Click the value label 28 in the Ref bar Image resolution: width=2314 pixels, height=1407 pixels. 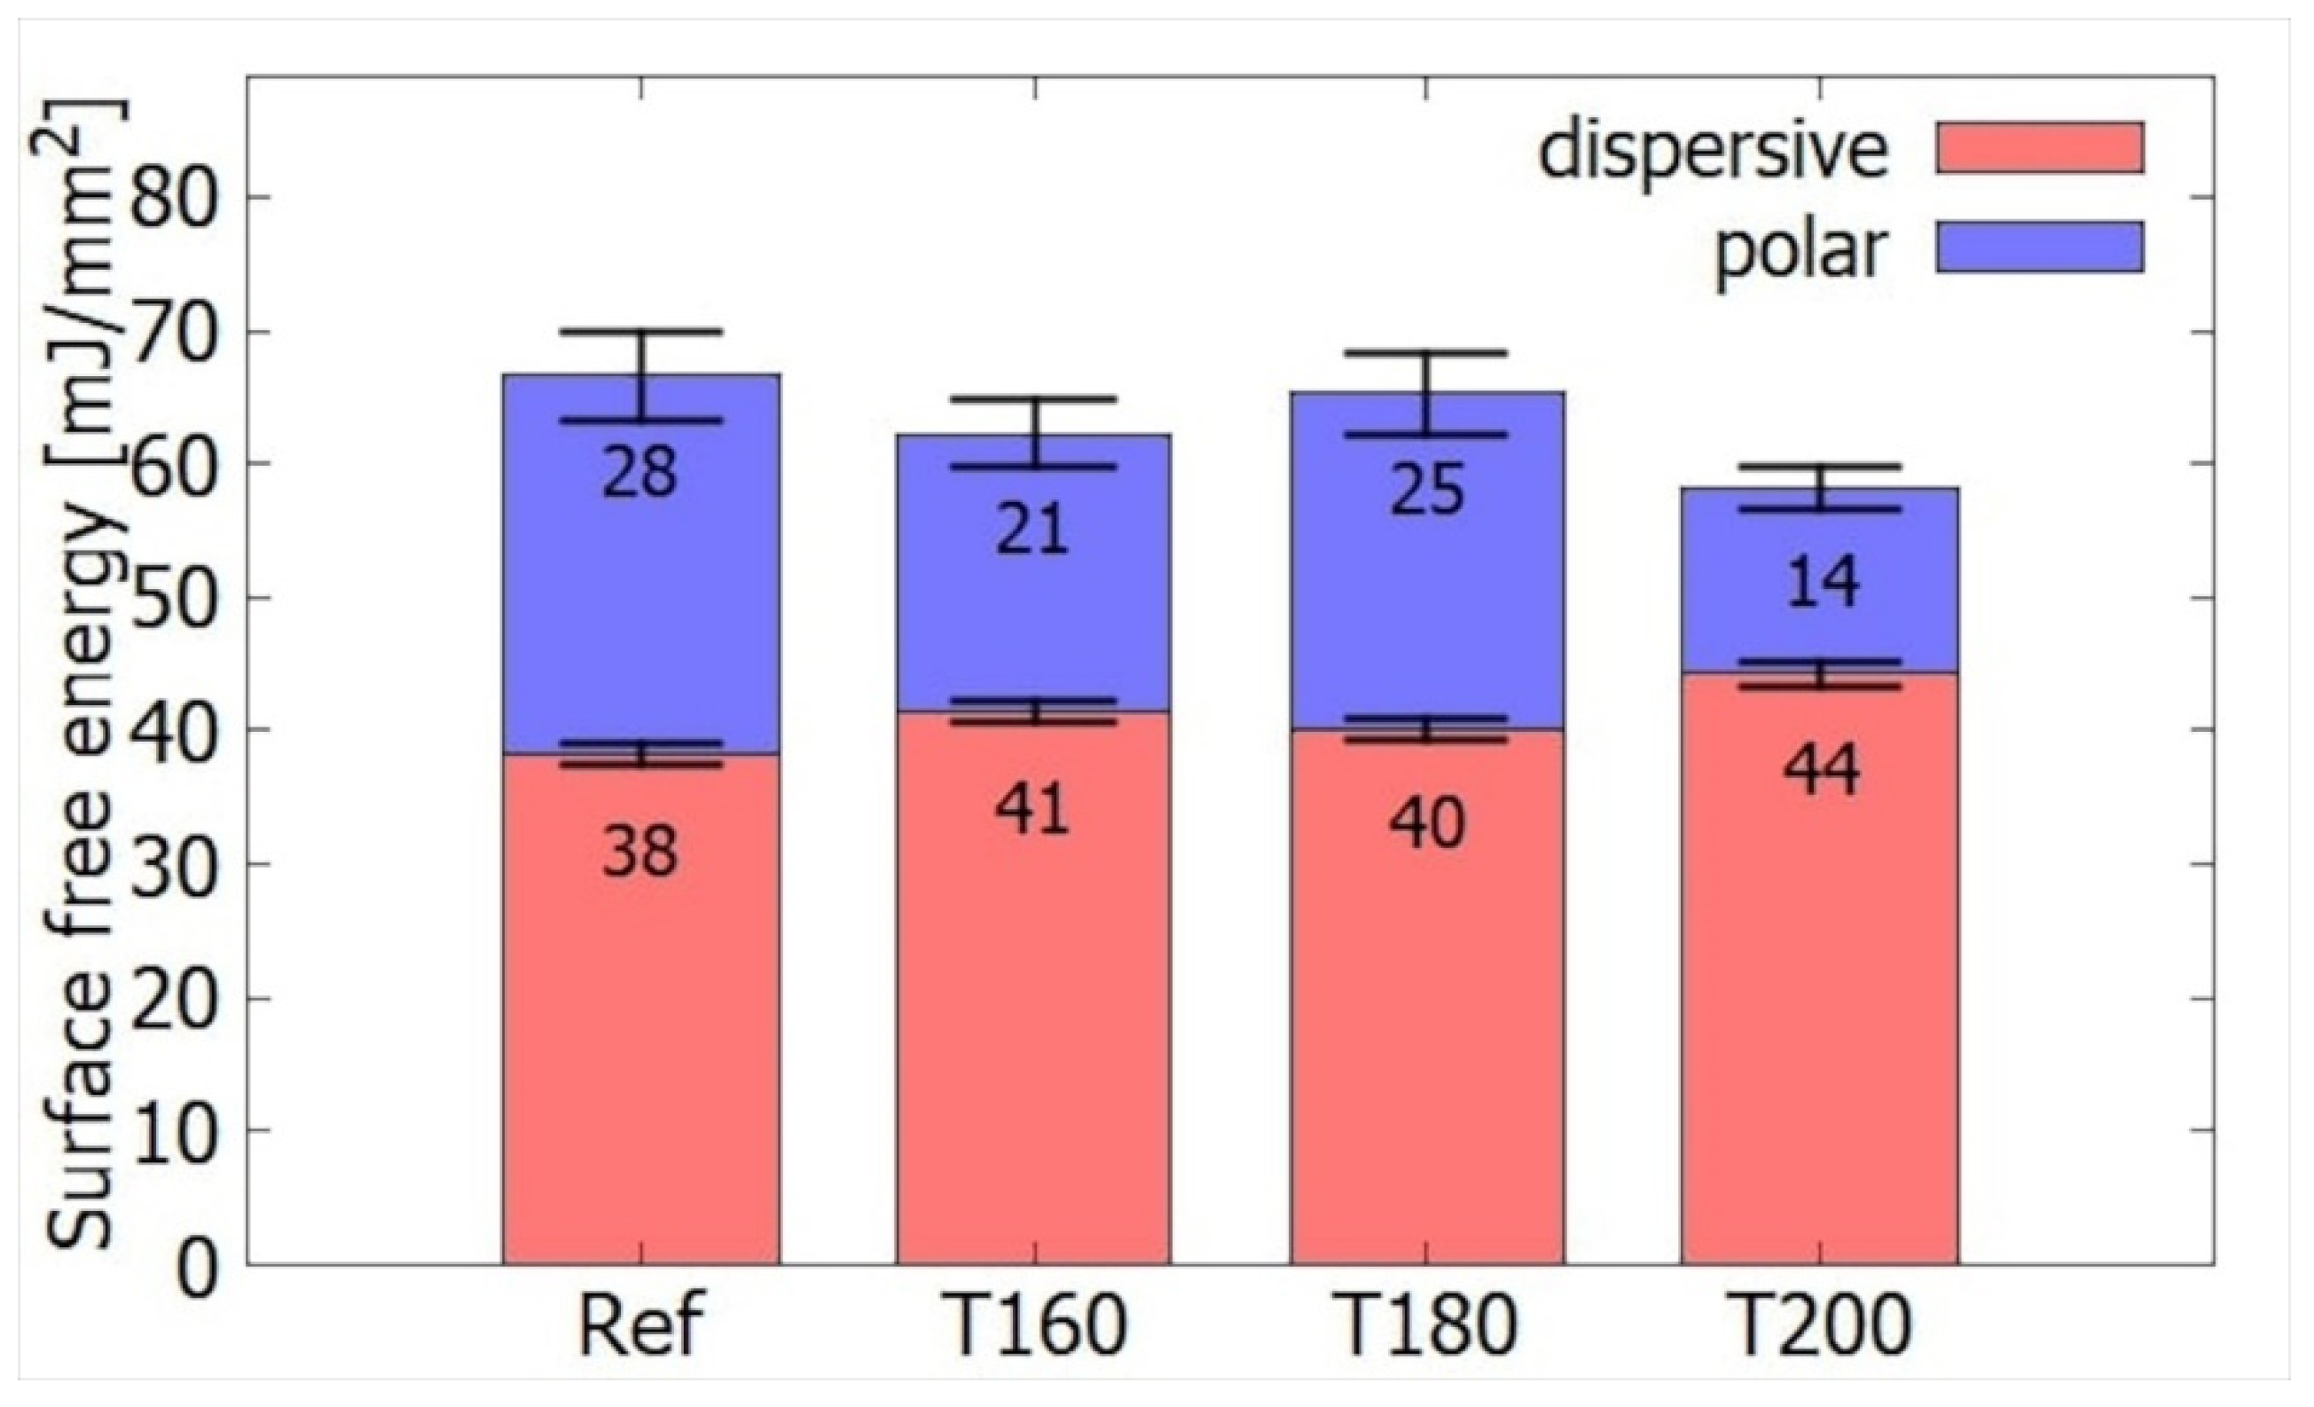coord(640,473)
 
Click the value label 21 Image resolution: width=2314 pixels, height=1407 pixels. coord(1033,530)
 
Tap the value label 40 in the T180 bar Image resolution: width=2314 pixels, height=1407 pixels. coord(1426,824)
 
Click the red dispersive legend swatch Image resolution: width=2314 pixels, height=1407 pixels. coord(2039,147)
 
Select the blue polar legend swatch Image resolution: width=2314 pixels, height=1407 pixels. coord(2039,247)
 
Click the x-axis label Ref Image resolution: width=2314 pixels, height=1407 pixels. coord(641,1325)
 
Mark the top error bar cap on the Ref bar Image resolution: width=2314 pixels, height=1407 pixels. coord(641,332)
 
